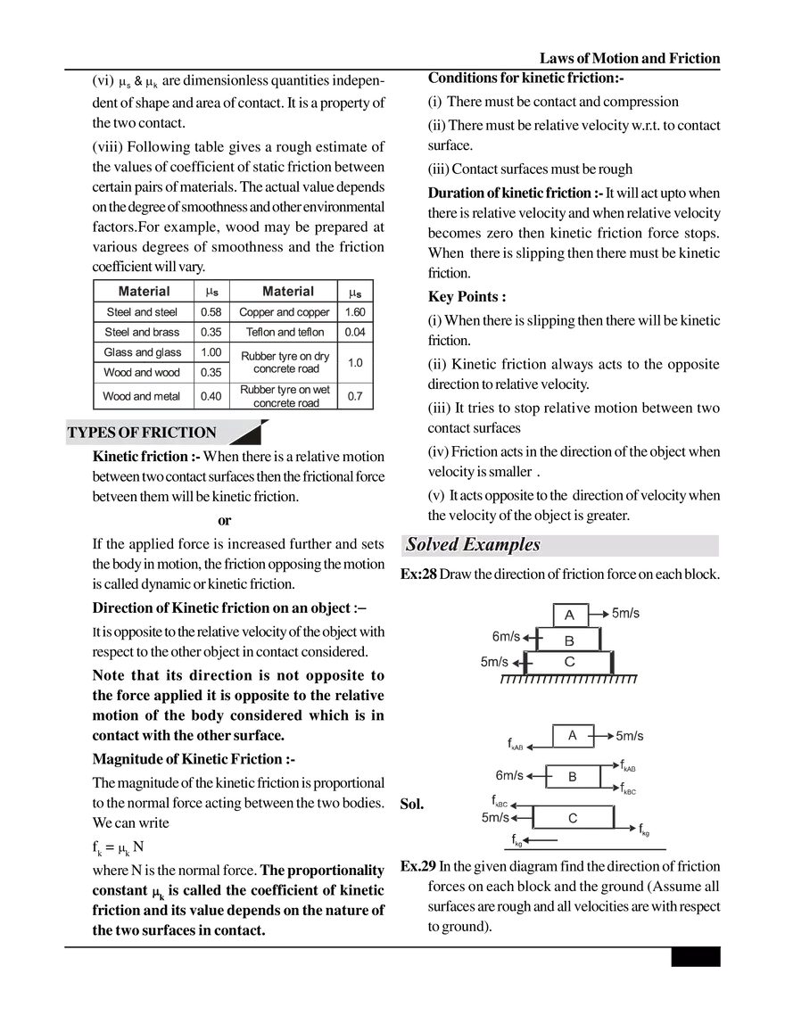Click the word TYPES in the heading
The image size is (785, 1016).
pos(87,433)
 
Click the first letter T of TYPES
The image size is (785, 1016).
pos(71,433)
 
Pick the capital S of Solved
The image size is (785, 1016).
pos(412,544)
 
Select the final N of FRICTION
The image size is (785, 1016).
pos(210,433)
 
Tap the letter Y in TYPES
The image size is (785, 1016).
pos(80,433)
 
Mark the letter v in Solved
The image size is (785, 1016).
pos(437,545)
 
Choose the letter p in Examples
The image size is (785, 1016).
pos(510,546)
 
